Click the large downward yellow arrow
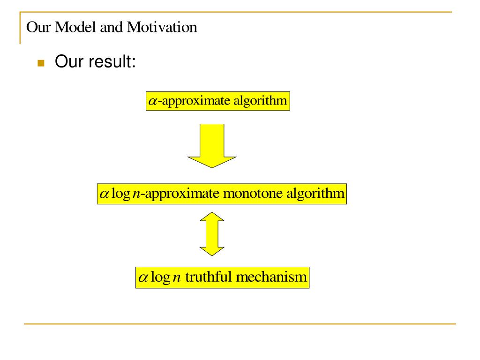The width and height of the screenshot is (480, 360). tap(211, 145)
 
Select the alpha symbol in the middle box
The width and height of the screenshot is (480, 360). tap(105, 194)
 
